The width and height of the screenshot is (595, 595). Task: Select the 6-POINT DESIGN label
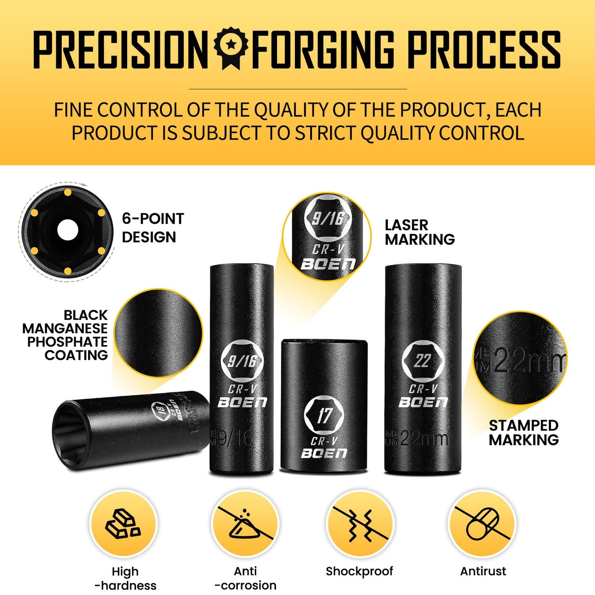[153, 228]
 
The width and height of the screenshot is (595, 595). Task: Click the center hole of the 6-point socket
[68, 231]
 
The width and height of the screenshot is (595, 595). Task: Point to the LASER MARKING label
[420, 232]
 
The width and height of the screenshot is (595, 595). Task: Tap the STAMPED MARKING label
[523, 432]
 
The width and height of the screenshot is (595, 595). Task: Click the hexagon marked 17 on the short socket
[324, 415]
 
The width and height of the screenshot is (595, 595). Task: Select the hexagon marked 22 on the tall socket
[422, 361]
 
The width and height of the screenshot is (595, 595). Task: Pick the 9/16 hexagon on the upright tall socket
[242, 361]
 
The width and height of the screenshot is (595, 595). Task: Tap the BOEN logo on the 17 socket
[324, 453]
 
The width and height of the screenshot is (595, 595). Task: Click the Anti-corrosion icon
[245, 524]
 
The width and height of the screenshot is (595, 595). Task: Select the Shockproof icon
[360, 524]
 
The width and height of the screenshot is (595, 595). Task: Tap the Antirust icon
[482, 524]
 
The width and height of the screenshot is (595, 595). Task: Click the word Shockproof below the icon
[359, 571]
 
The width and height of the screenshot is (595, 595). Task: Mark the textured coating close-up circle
[159, 333]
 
